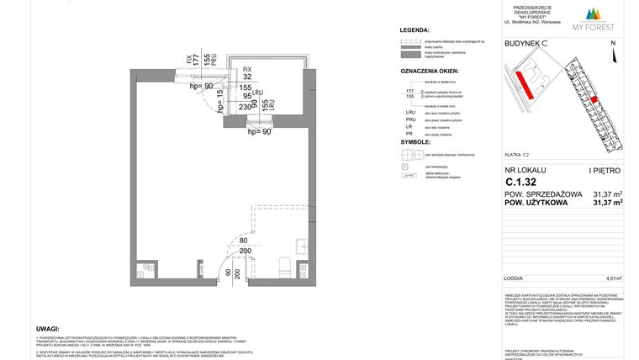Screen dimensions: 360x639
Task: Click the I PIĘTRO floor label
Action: [x=608, y=170]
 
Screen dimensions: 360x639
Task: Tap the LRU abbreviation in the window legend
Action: [x=410, y=111]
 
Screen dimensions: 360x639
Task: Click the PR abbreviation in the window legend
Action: [x=409, y=133]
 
